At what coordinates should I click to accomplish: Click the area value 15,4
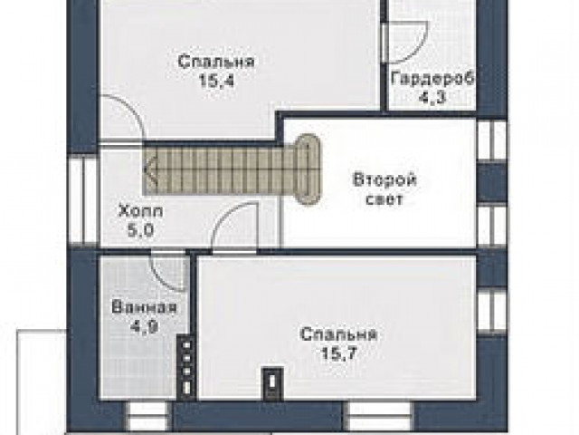click(216, 81)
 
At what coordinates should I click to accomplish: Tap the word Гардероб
click(432, 79)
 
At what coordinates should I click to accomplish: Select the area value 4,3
click(432, 97)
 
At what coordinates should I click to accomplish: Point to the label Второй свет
click(384, 189)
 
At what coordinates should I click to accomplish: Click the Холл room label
click(141, 212)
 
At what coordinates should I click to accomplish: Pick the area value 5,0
click(140, 231)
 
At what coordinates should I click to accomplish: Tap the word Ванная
click(145, 308)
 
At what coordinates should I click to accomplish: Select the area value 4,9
click(144, 327)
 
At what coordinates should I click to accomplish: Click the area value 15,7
click(339, 354)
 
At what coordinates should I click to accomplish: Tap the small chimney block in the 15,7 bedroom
click(272, 383)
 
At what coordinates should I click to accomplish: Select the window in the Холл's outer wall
click(83, 200)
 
